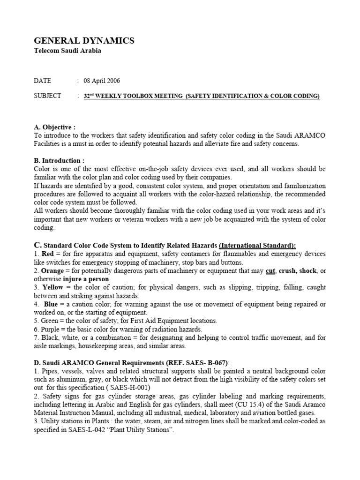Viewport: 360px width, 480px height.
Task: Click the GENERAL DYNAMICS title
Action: (x=84, y=41)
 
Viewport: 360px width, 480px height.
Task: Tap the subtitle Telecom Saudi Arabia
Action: (x=67, y=51)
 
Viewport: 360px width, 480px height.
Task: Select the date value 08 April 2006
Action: (x=102, y=81)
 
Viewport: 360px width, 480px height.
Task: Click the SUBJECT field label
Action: (x=47, y=96)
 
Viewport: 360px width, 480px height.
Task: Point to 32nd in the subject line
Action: (x=88, y=96)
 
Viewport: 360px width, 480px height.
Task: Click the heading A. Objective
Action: (x=55, y=127)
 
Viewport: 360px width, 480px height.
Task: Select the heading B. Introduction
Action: (x=59, y=160)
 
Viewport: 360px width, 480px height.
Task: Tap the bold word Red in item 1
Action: (x=48, y=254)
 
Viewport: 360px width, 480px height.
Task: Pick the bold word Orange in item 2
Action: (x=52, y=271)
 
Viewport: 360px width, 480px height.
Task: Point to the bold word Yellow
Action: (x=52, y=287)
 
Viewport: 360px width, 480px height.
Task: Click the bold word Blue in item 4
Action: (x=51, y=304)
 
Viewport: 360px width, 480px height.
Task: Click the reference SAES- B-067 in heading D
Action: (x=206, y=362)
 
